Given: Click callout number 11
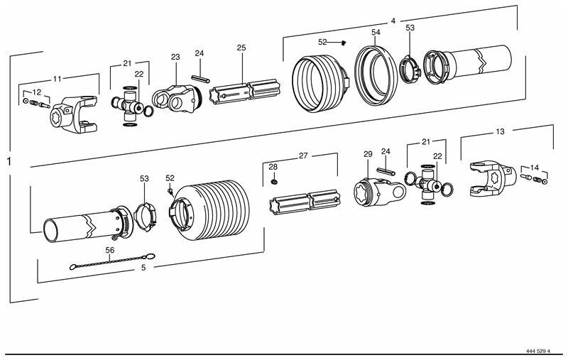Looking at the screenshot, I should (58, 78).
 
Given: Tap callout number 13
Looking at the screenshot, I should (499, 132).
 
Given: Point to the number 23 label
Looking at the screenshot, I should (176, 57).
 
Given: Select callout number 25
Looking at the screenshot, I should (241, 48).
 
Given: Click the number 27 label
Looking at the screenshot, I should (303, 155).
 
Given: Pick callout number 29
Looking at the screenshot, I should (368, 154).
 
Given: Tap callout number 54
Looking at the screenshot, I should (376, 33).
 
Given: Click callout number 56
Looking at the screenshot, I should (110, 251).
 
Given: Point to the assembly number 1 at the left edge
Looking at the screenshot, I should (9, 162).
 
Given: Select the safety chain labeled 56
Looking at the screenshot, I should (114, 263).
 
